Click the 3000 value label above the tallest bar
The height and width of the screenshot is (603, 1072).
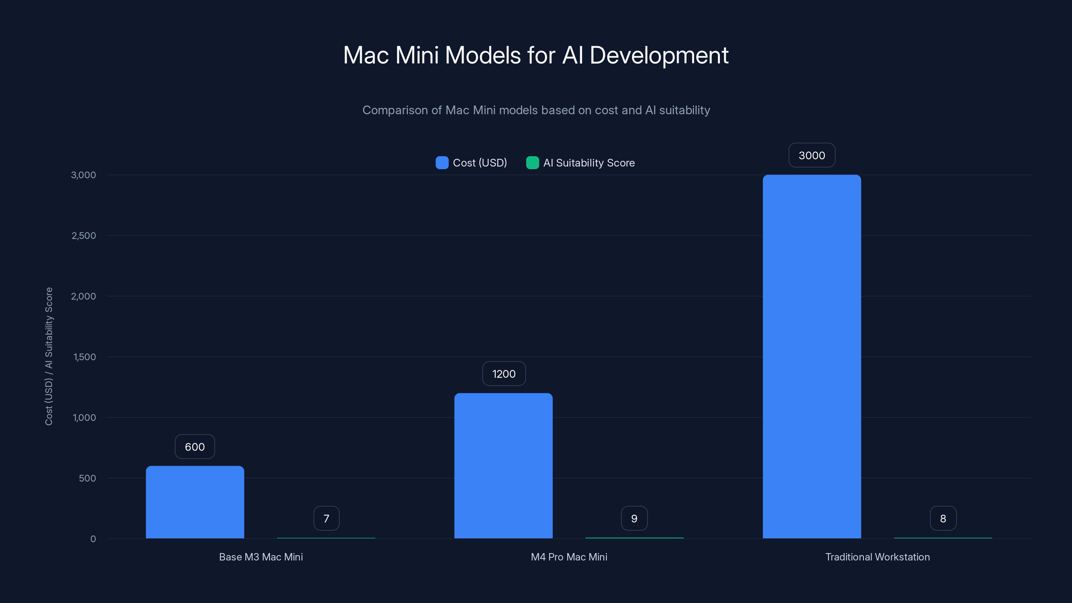pyautogui.click(x=811, y=155)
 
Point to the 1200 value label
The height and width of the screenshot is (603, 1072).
pyautogui.click(x=504, y=374)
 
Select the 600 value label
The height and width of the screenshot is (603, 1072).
pyautogui.click(x=195, y=447)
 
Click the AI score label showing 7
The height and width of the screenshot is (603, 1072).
pyautogui.click(x=326, y=518)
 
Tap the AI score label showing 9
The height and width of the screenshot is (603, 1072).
pyautogui.click(x=634, y=518)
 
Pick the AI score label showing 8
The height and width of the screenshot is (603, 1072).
pyautogui.click(x=943, y=518)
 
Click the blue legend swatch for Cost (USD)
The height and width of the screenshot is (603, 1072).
pyautogui.click(x=442, y=163)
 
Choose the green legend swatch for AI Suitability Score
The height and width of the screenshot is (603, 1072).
pyautogui.click(x=532, y=163)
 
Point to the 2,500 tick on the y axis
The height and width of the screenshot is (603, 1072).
pyautogui.click(x=84, y=236)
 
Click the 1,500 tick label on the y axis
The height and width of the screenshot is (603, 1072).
pyautogui.click(x=84, y=357)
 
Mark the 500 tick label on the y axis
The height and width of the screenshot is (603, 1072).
pyautogui.click(x=87, y=478)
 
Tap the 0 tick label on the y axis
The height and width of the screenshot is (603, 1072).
pyautogui.click(x=93, y=539)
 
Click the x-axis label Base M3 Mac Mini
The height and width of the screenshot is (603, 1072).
pyautogui.click(x=261, y=557)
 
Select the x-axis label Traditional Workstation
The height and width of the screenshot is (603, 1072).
pyautogui.click(x=877, y=557)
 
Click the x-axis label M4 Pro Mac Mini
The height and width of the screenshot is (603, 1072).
pyautogui.click(x=569, y=557)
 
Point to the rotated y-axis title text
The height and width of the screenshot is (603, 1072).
pyautogui.click(x=49, y=356)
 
